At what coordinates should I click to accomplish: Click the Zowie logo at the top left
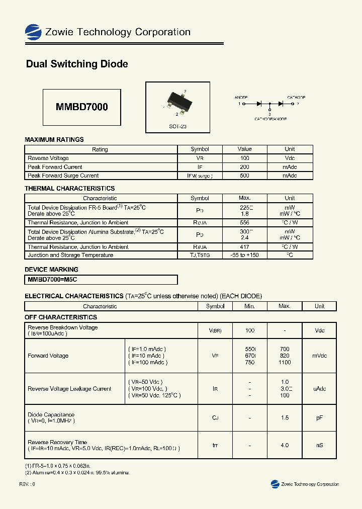point(33,32)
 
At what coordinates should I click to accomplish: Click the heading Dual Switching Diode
point(76,64)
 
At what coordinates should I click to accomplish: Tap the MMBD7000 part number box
point(81,107)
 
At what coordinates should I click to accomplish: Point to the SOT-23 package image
point(177,101)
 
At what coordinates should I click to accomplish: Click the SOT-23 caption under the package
point(177,127)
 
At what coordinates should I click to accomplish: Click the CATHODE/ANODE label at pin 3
point(270,119)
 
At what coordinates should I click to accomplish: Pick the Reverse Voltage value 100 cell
point(244,158)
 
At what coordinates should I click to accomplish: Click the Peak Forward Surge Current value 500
point(244,176)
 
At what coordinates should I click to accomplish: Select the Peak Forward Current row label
point(55,167)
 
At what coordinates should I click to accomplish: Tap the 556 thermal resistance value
point(244,222)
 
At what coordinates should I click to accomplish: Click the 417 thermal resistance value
point(244,247)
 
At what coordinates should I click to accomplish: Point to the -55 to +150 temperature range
point(244,255)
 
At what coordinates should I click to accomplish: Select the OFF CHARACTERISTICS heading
point(61,317)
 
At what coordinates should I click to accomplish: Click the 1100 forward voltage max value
point(285,362)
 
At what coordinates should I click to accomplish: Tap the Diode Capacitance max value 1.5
point(285,418)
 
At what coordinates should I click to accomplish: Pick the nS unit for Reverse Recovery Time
point(319,445)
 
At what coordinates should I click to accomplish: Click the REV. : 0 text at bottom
point(27,484)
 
